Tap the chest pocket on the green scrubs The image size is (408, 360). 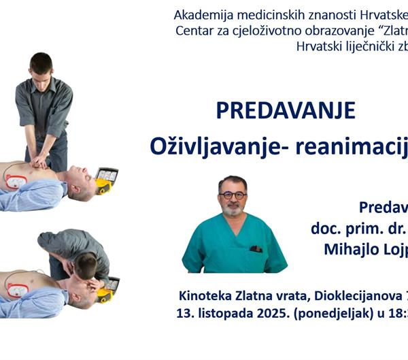click(x=256, y=248)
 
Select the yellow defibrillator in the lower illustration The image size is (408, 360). click(x=108, y=289)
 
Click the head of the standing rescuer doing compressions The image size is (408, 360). click(x=41, y=66)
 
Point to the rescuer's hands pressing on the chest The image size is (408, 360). click(x=41, y=161)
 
